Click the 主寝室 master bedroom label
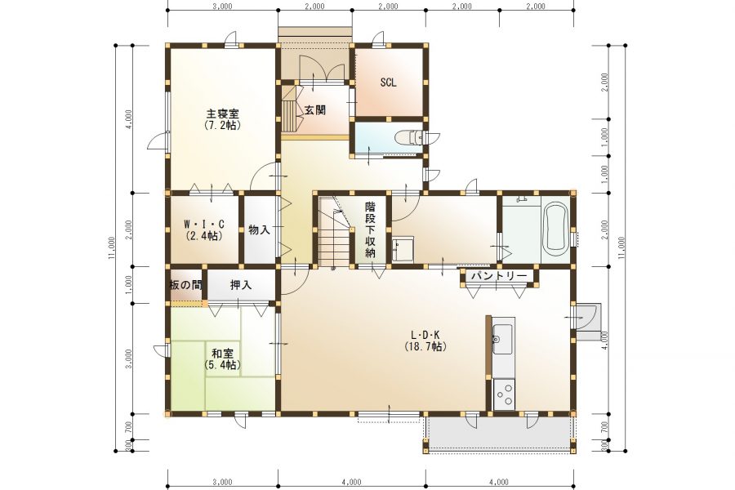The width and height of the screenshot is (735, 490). click(x=223, y=114)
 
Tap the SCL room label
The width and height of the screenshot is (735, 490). click(x=388, y=82)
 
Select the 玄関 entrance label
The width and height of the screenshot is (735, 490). click(x=315, y=110)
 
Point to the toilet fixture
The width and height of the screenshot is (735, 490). click(x=409, y=138)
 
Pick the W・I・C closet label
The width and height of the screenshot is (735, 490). click(x=204, y=224)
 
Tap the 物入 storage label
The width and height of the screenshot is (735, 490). click(x=259, y=229)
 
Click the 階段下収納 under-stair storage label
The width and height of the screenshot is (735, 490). click(x=370, y=229)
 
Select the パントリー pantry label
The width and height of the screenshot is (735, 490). click(x=499, y=276)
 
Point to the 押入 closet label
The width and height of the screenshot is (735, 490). click(x=241, y=285)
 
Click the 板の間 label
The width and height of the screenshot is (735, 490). click(x=185, y=285)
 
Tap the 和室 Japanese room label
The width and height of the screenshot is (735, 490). click(x=223, y=354)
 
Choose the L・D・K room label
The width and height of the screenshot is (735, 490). click(x=425, y=335)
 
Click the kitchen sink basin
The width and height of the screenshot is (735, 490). click(x=503, y=339)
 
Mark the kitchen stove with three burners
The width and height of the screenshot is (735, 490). click(x=504, y=394)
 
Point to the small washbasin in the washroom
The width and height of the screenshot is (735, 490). click(x=403, y=248)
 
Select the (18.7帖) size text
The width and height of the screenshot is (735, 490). click(x=425, y=346)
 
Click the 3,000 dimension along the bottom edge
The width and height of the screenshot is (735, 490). click(x=222, y=482)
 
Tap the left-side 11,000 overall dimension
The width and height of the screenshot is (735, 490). click(x=111, y=248)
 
